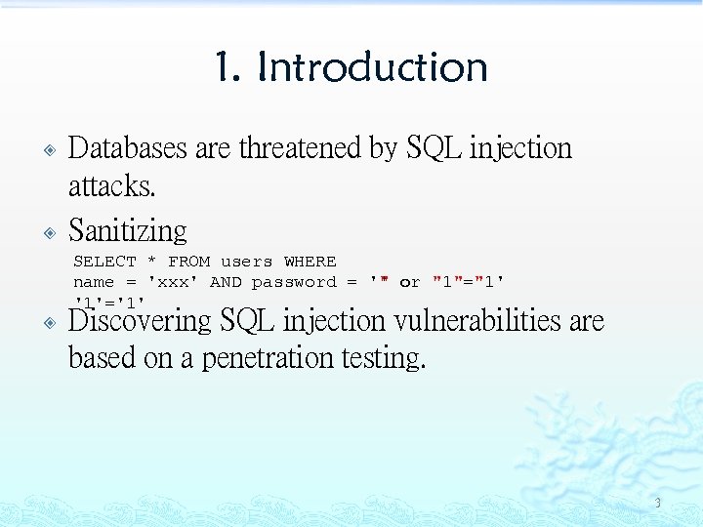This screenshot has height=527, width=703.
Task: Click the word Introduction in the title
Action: [x=372, y=67]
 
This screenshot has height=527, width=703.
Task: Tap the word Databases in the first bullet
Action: [x=128, y=148]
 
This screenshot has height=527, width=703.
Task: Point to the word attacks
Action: [x=111, y=185]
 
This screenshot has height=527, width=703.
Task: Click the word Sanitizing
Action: [x=128, y=230]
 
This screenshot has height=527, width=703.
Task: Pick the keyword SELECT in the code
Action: [x=105, y=262]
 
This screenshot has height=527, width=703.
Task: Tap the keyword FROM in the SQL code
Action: [x=188, y=262]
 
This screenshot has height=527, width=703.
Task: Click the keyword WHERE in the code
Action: [x=310, y=262]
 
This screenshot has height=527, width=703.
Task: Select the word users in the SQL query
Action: [x=246, y=262]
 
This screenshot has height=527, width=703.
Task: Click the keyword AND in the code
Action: [x=226, y=282]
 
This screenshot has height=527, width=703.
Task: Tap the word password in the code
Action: [x=293, y=282]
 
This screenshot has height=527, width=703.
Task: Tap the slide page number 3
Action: [x=657, y=504]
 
